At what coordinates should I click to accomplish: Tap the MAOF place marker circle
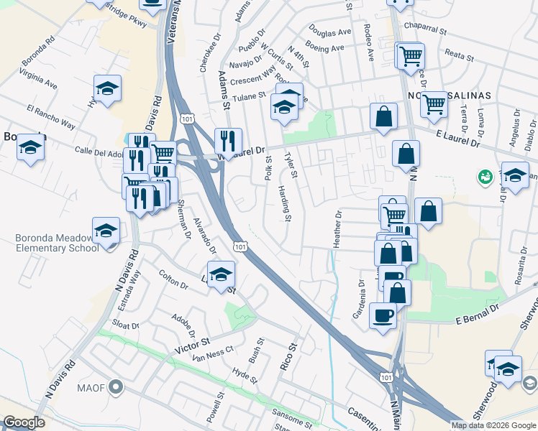click(x=117, y=389)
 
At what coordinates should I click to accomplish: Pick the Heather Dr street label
click(x=337, y=229)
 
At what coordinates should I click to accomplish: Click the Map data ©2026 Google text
click(x=493, y=425)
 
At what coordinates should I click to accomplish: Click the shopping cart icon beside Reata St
click(x=411, y=55)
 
